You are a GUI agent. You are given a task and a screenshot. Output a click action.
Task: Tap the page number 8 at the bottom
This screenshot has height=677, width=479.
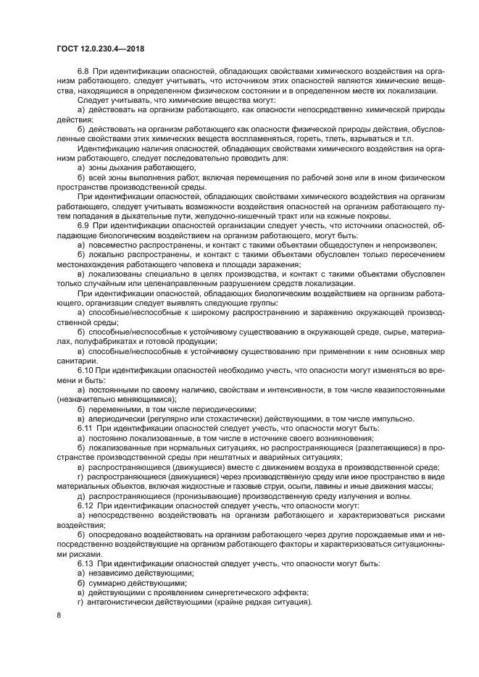[x=59, y=615]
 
